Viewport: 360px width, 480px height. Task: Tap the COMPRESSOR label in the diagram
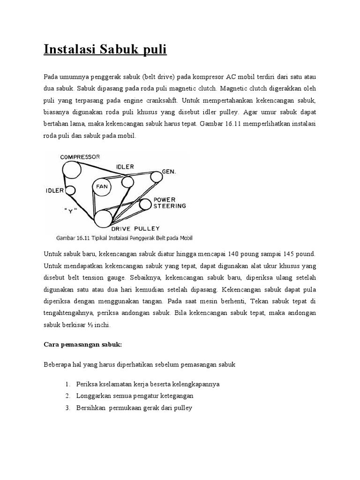(80, 157)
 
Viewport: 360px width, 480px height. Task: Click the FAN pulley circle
(102, 187)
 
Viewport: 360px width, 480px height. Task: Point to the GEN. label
(169, 172)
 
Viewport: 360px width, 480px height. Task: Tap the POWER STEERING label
(170, 202)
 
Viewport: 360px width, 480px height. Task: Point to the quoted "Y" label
(70, 210)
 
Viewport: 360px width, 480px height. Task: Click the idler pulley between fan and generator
(127, 181)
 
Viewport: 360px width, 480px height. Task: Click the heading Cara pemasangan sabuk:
(82, 345)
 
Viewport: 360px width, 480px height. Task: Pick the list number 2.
(67, 396)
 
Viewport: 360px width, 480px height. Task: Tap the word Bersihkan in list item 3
(91, 408)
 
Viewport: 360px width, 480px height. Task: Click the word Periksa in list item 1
(87, 384)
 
